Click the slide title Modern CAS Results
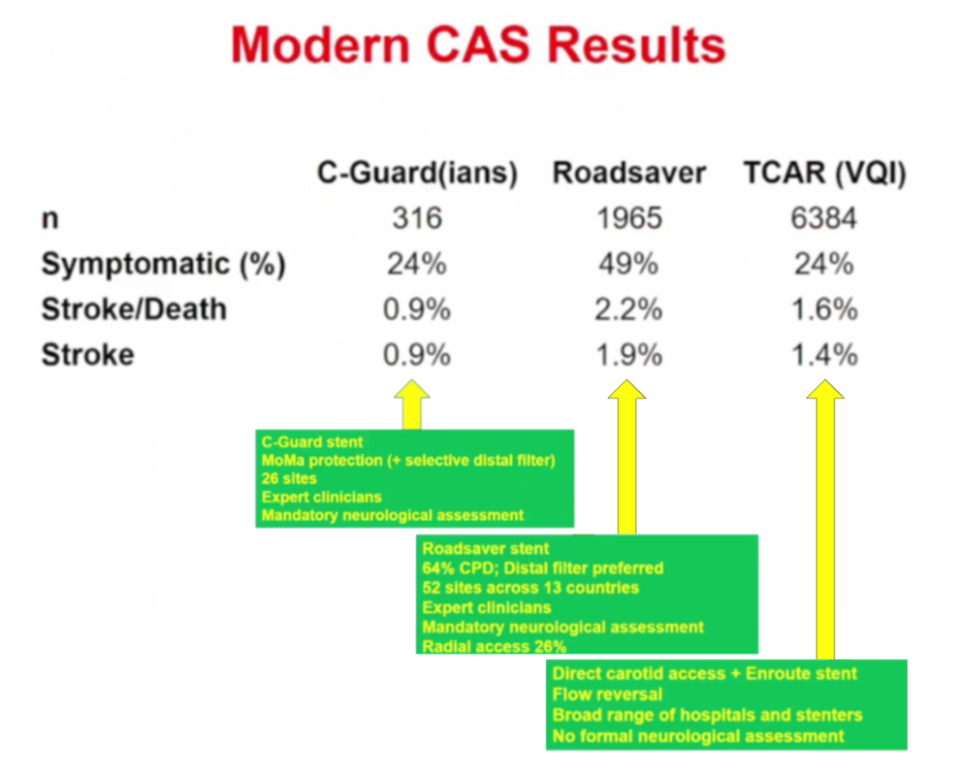pyautogui.click(x=478, y=45)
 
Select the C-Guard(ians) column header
pyautogui.click(x=417, y=173)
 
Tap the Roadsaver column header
pyautogui.click(x=630, y=173)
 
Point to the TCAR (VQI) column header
pyautogui.click(x=825, y=173)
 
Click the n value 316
pyautogui.click(x=417, y=218)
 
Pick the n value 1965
pyautogui.click(x=630, y=218)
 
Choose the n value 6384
pyautogui.click(x=824, y=218)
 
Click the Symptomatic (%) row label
pyautogui.click(x=163, y=265)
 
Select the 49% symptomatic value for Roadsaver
pyautogui.click(x=629, y=264)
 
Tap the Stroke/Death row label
pyautogui.click(x=134, y=309)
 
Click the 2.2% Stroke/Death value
pyautogui.click(x=629, y=309)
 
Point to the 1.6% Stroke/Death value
pyautogui.click(x=825, y=309)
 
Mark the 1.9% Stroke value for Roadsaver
pyautogui.click(x=630, y=355)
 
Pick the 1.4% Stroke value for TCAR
pyautogui.click(x=825, y=355)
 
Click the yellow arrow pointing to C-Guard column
pyautogui.click(x=412, y=404)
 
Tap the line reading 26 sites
pyautogui.click(x=289, y=479)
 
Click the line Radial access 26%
pyautogui.click(x=493, y=646)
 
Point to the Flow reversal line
pyautogui.click(x=607, y=694)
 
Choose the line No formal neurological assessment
pyautogui.click(x=698, y=735)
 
